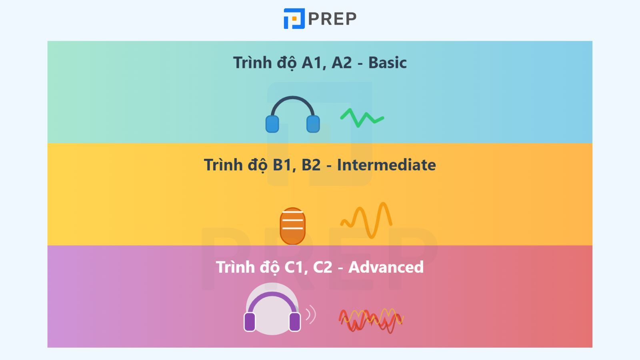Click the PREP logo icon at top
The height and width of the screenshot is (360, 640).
pos(294,18)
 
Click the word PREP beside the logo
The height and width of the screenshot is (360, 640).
pos(332,19)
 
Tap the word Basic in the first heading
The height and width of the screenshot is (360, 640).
pos(388,62)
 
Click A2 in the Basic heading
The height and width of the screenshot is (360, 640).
pos(342,63)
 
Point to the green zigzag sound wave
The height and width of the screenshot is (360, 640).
pos(362,118)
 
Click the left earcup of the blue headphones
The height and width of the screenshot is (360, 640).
pos(272,124)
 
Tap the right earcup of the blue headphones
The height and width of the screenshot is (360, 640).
pos(313,124)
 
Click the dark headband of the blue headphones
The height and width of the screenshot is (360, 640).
pos(292,98)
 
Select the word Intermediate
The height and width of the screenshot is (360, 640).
pos(386,165)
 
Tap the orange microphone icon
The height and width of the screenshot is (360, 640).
pos(292,226)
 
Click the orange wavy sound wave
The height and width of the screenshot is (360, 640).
pos(366,220)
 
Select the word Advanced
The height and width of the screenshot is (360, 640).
pos(386,267)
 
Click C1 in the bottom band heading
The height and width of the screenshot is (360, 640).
pos(294,267)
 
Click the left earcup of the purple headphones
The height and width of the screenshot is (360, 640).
pos(250,322)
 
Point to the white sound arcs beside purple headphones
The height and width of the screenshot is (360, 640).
pos(311,314)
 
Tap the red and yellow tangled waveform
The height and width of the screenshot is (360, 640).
pos(371,320)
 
